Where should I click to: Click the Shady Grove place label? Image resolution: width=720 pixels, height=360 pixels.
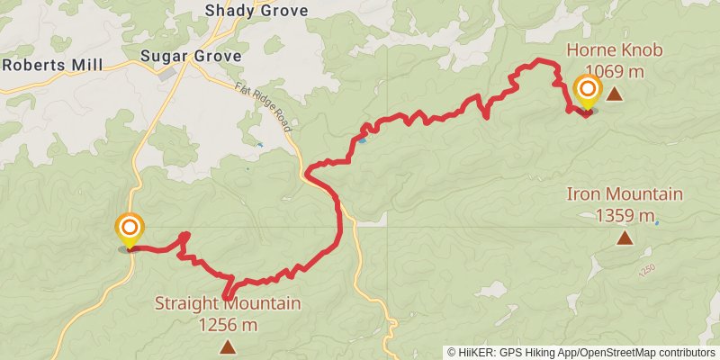click(256, 11)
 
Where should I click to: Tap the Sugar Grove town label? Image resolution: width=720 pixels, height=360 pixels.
click(191, 56)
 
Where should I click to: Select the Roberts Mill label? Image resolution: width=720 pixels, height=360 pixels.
click(53, 65)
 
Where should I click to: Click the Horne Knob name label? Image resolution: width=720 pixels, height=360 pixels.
click(615, 49)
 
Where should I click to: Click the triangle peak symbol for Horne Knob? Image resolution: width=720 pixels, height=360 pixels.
click(614, 93)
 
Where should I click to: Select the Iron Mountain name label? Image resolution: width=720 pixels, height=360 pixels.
click(625, 193)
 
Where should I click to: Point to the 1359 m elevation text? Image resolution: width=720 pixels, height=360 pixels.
click(625, 215)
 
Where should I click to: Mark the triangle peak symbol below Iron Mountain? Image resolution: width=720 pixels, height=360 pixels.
click(625, 238)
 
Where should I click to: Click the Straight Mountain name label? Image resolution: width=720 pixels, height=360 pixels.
click(228, 303)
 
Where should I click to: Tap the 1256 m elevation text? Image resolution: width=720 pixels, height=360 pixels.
click(228, 324)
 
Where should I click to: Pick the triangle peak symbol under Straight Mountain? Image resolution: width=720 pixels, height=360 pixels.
click(228, 346)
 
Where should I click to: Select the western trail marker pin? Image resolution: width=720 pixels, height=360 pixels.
click(130, 228)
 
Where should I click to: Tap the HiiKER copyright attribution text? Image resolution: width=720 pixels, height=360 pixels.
click(580, 352)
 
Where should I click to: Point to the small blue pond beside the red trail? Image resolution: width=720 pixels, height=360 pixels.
click(362, 140)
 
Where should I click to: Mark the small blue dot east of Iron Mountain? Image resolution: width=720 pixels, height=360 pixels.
click(657, 222)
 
